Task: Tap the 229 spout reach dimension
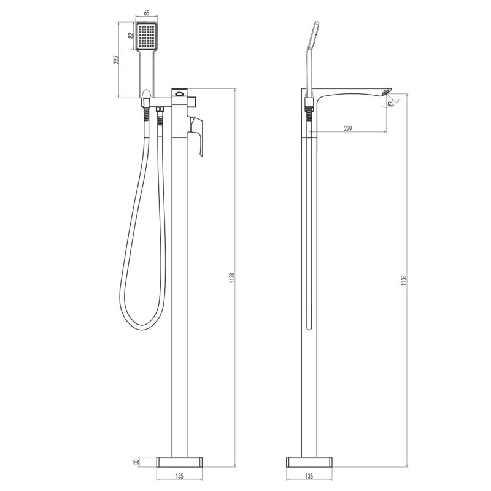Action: [348, 128]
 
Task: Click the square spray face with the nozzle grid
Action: [147, 37]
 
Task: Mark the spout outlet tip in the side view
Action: [385, 91]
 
